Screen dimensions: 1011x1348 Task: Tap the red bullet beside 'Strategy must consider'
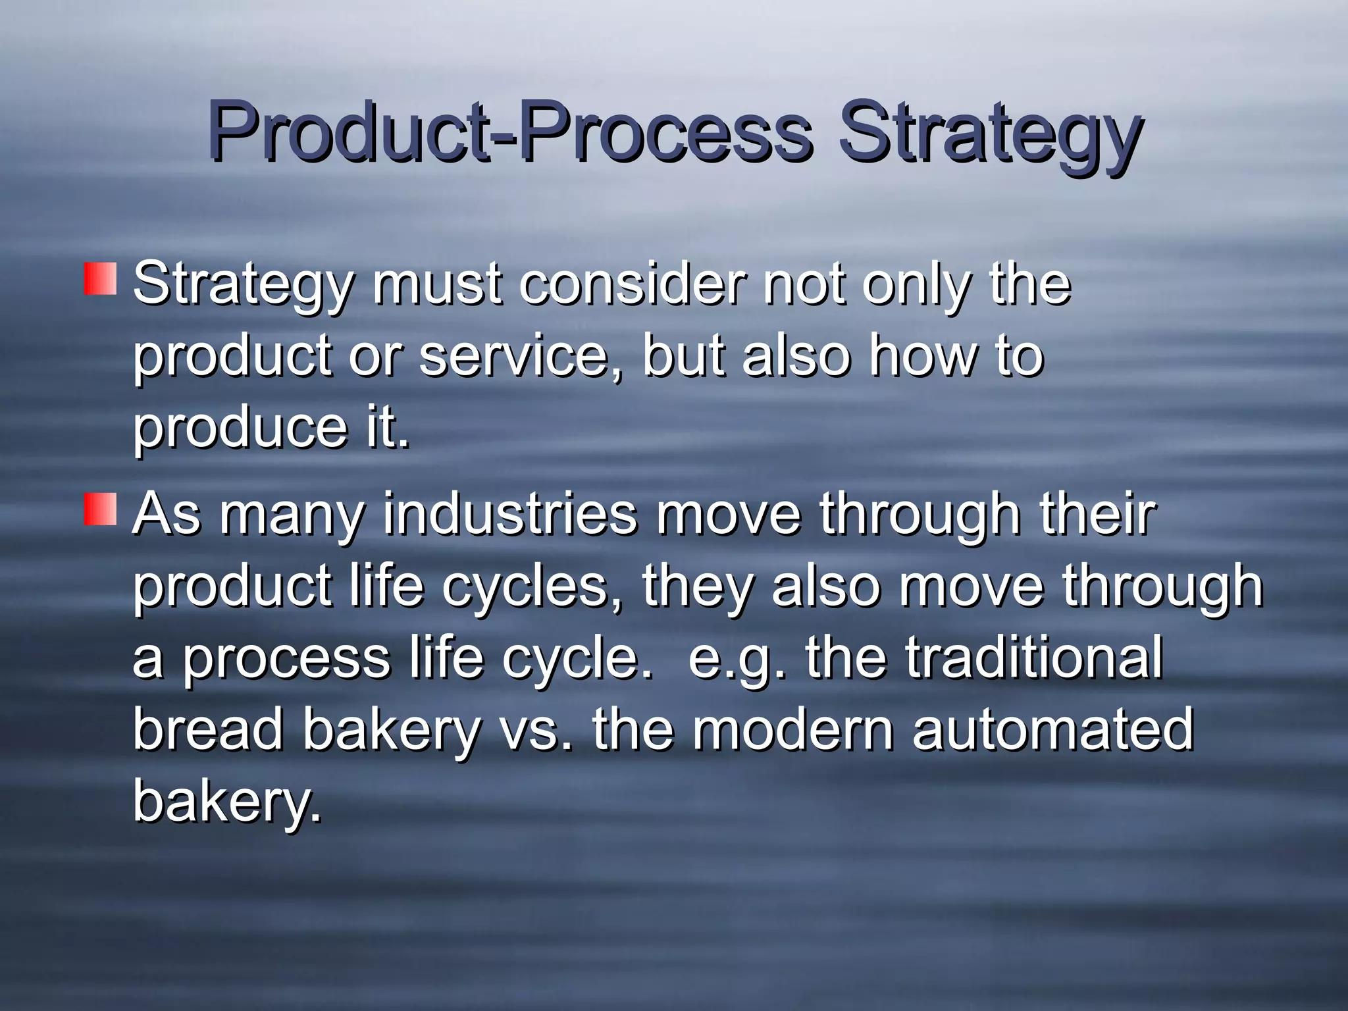click(x=100, y=279)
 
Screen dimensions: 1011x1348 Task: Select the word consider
click(x=633, y=284)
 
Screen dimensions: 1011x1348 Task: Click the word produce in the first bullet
click(x=240, y=429)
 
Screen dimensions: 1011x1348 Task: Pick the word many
click(x=291, y=515)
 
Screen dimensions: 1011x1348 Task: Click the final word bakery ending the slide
click(x=227, y=802)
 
